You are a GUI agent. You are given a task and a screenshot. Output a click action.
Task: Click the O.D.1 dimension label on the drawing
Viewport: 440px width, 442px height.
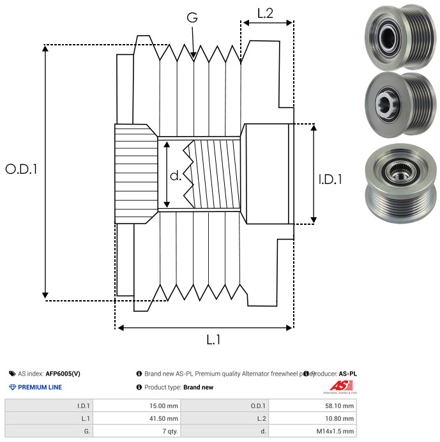(x=22, y=170)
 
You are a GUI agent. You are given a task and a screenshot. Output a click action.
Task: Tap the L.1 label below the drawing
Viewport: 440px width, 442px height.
(x=213, y=340)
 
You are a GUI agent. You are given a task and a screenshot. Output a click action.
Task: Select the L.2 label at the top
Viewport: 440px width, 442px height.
(x=265, y=13)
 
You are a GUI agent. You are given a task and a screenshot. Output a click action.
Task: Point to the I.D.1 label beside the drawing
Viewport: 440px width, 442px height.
(x=330, y=180)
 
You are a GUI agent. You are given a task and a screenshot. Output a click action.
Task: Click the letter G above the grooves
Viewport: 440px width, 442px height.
(x=192, y=19)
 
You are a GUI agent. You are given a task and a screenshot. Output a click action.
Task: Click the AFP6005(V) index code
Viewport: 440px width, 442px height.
(x=63, y=374)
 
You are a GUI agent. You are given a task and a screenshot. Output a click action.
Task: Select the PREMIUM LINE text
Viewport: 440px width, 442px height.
(x=40, y=387)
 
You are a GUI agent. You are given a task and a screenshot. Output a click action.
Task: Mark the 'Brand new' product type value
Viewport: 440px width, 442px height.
(x=198, y=387)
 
